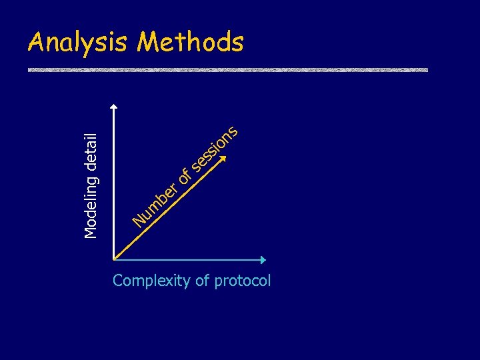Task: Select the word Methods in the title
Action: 191,42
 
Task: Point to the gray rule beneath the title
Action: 227,70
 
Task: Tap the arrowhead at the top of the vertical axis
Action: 114,105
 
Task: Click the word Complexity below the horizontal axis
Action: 152,281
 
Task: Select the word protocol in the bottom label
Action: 243,281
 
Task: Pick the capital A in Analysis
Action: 35,43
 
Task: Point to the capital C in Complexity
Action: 118,281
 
